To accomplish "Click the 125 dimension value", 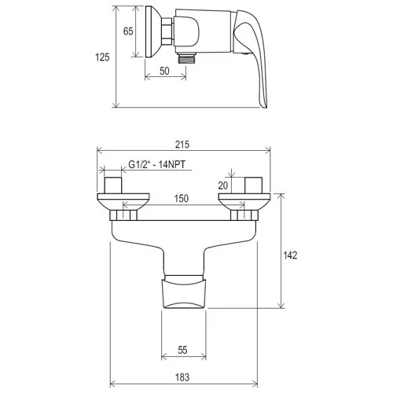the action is coord(102,57).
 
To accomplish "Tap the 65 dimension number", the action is coord(128,31).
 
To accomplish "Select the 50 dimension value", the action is coord(164,71).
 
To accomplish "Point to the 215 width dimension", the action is coord(182,145).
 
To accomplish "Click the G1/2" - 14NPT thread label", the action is coord(156,164).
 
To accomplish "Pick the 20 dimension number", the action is coord(223,185).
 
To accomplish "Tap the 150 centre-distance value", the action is coord(182,198).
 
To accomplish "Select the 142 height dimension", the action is coord(290,255).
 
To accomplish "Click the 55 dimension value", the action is coord(182,350).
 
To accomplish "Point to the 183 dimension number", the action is coord(182,377).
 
